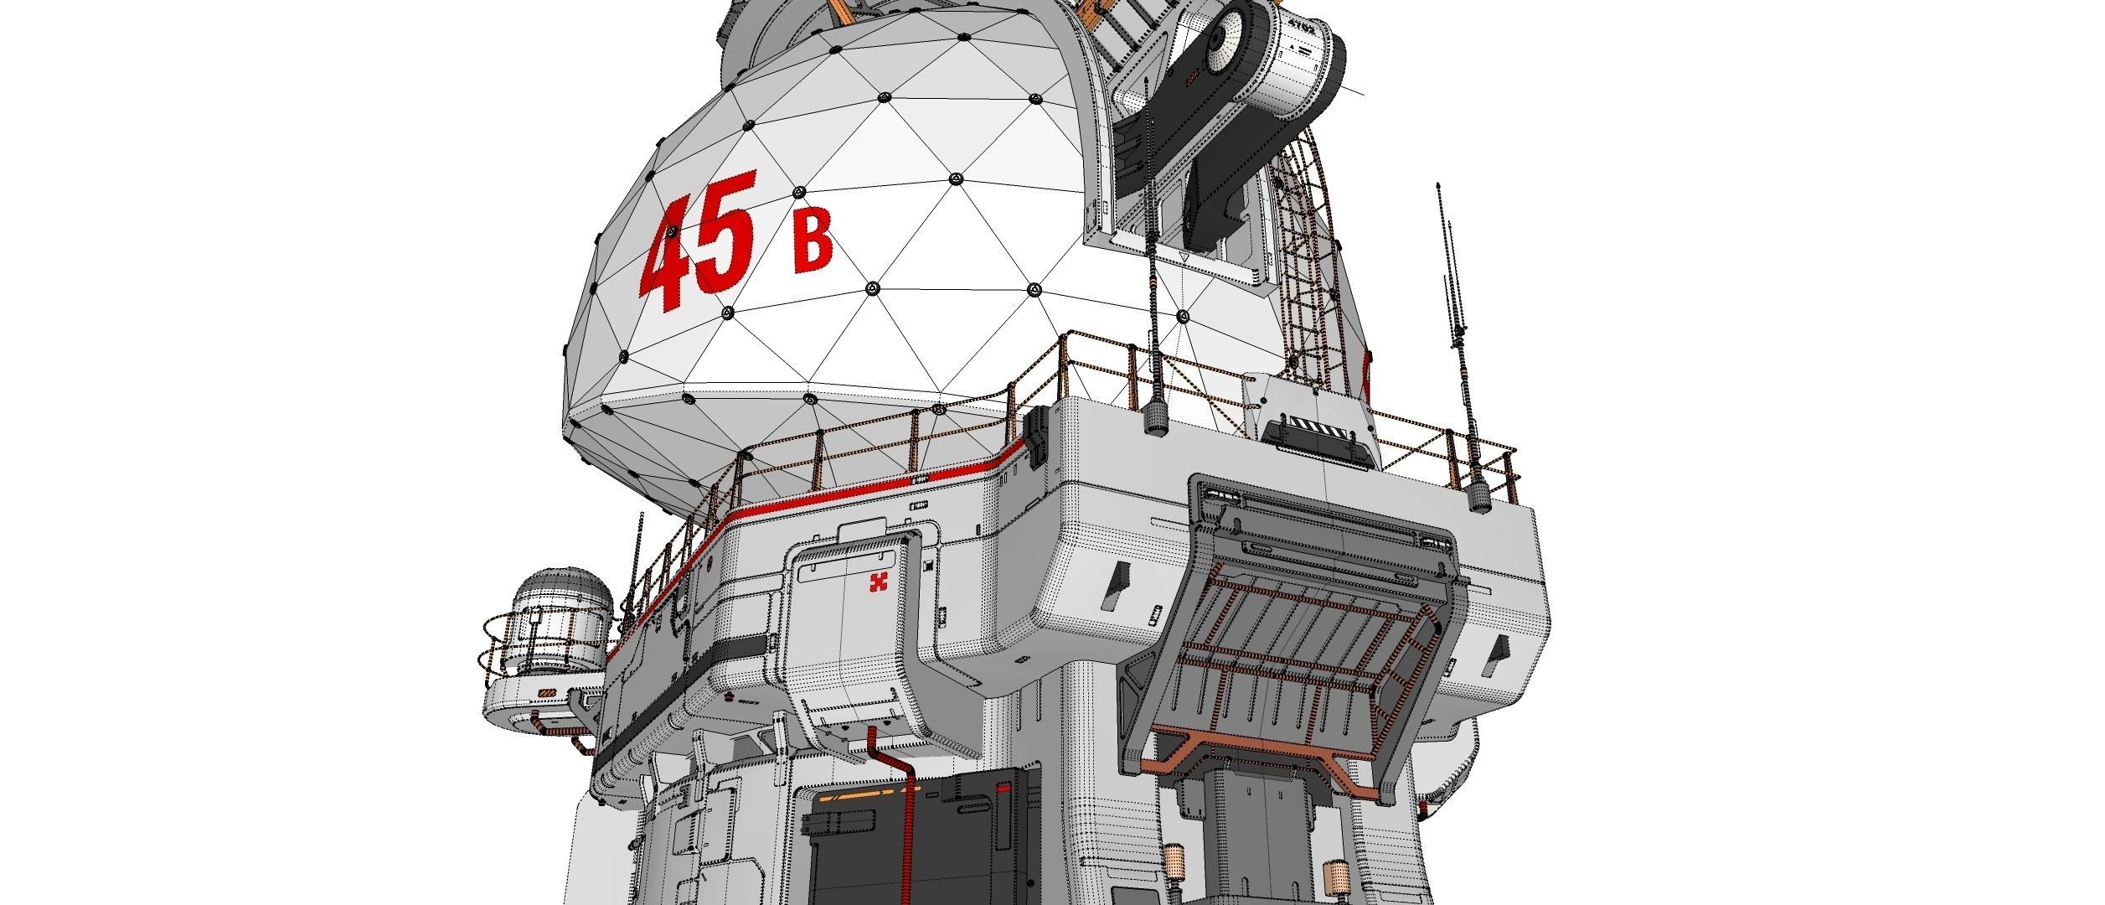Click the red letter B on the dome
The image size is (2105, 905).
pyautogui.click(x=813, y=242)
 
